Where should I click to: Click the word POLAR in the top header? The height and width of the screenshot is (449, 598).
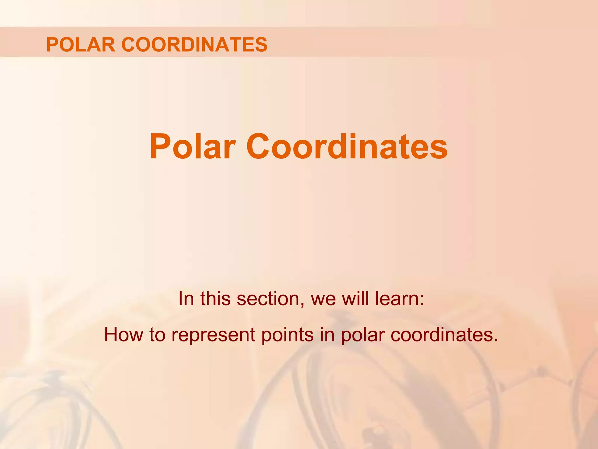coord(81,45)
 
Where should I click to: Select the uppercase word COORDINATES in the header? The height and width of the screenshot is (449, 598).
coord(194,45)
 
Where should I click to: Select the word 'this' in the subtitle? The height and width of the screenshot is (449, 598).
coord(215,298)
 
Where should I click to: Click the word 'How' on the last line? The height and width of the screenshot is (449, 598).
coord(124,335)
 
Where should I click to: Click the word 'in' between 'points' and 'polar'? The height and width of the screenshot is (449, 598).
coord(327,335)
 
